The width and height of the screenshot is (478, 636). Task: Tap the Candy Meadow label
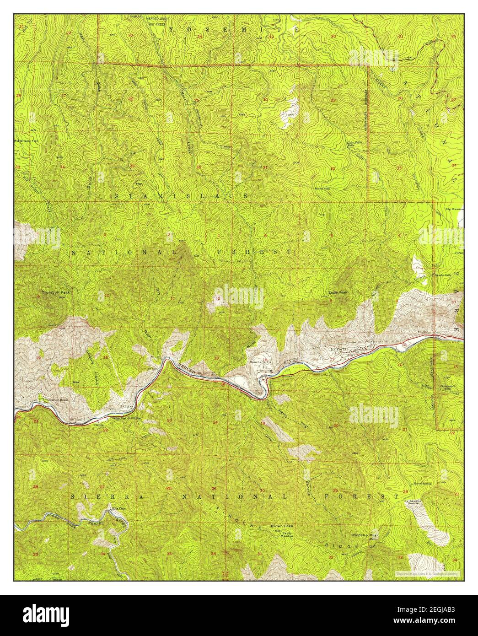(x=287, y=535)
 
